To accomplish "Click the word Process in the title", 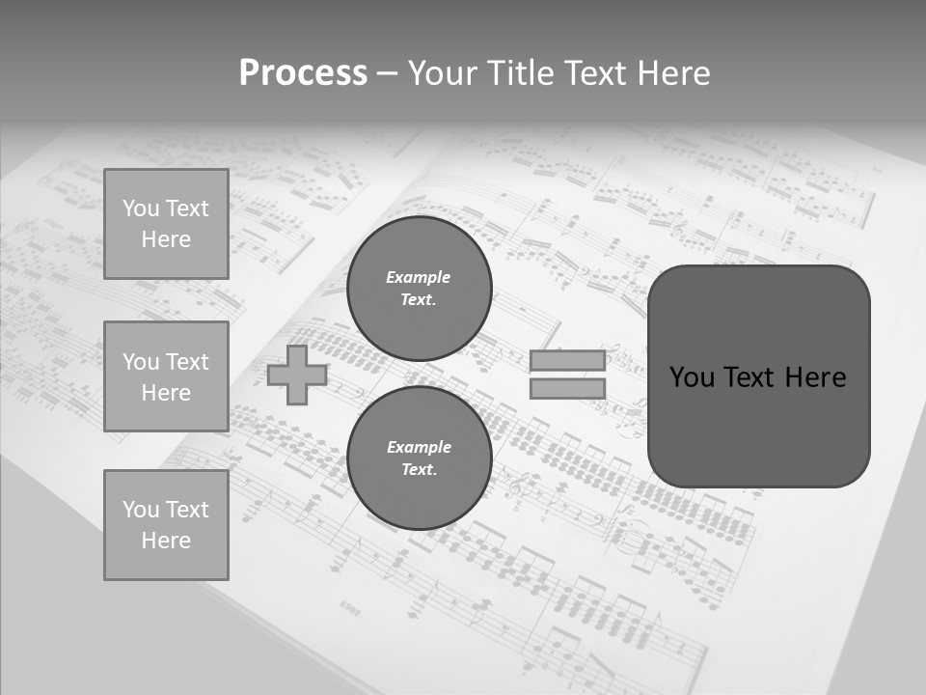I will [x=303, y=73].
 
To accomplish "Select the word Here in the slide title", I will [x=671, y=73].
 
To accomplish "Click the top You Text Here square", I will [x=166, y=224].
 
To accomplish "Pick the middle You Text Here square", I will [x=166, y=376].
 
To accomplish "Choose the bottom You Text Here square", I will [x=166, y=525].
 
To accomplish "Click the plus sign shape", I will [x=297, y=375].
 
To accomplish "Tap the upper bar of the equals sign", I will [x=567, y=361].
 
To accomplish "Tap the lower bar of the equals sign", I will [x=567, y=389].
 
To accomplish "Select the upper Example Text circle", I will [x=420, y=289].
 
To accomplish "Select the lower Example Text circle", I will [x=420, y=458].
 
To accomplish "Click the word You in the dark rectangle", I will [x=692, y=377].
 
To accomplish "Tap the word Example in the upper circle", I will [x=419, y=277].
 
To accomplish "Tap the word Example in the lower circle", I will [x=419, y=447].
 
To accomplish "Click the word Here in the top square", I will [x=166, y=239].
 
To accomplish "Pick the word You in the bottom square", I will [x=141, y=510].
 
